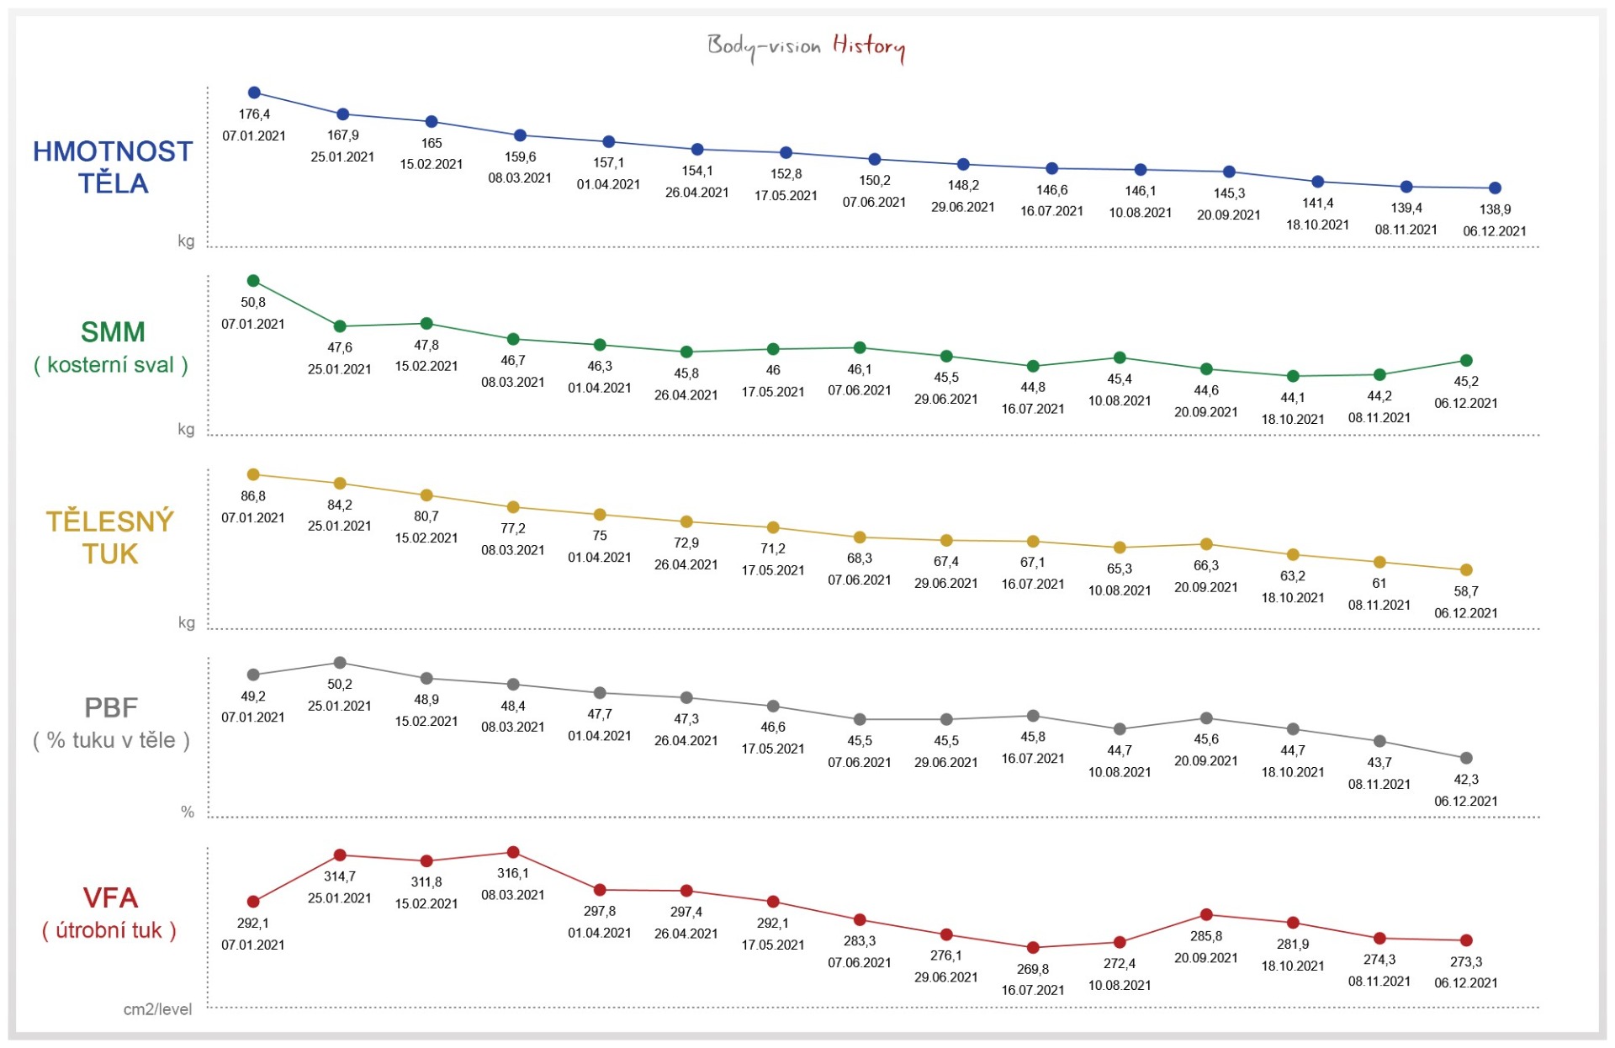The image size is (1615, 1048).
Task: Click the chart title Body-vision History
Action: (x=806, y=45)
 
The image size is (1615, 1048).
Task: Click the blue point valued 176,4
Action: (x=254, y=93)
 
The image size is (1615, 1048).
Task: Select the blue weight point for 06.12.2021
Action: (x=1495, y=188)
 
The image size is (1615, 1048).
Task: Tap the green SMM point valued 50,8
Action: (x=253, y=281)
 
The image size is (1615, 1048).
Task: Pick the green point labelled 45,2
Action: (x=1466, y=361)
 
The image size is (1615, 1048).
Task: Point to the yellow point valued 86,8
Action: (x=253, y=475)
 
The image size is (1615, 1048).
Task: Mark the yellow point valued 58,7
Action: (x=1466, y=570)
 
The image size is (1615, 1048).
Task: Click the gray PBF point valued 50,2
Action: (x=340, y=663)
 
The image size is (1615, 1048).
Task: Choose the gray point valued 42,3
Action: (x=1466, y=758)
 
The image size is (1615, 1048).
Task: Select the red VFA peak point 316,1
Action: (x=513, y=853)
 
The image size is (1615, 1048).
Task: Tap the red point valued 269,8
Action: (x=1033, y=948)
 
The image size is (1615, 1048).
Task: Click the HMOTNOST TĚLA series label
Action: (x=113, y=167)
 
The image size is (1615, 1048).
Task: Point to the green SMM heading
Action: (x=113, y=332)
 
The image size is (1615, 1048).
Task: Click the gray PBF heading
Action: (x=110, y=707)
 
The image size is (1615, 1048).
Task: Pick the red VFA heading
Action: (x=110, y=898)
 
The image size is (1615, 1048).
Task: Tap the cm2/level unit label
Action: (x=157, y=1009)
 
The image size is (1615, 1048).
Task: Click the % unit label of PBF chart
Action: (x=188, y=812)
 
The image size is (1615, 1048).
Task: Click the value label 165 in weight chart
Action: (x=432, y=143)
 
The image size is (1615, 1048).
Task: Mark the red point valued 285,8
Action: (x=1206, y=915)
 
